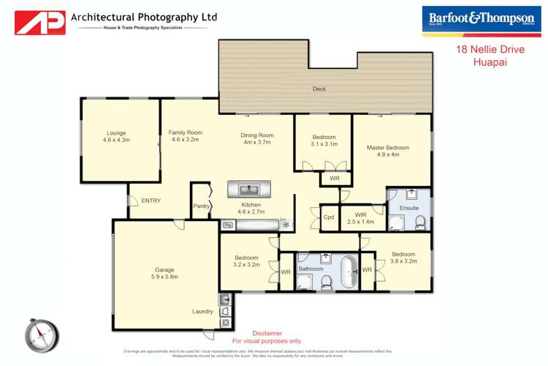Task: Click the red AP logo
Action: click(x=40, y=22)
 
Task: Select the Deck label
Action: click(x=319, y=89)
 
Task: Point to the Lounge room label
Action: click(x=116, y=132)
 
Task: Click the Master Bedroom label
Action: click(x=388, y=148)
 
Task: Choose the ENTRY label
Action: click(x=151, y=201)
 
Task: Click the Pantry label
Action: click(x=201, y=206)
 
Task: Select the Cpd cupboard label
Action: click(x=329, y=217)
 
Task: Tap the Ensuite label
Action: click(x=409, y=208)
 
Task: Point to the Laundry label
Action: click(x=203, y=311)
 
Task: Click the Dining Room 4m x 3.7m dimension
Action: click(x=257, y=142)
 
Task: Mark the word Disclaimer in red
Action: click(x=266, y=333)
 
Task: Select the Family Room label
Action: click(x=185, y=132)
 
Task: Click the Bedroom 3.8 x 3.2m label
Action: click(x=403, y=258)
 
